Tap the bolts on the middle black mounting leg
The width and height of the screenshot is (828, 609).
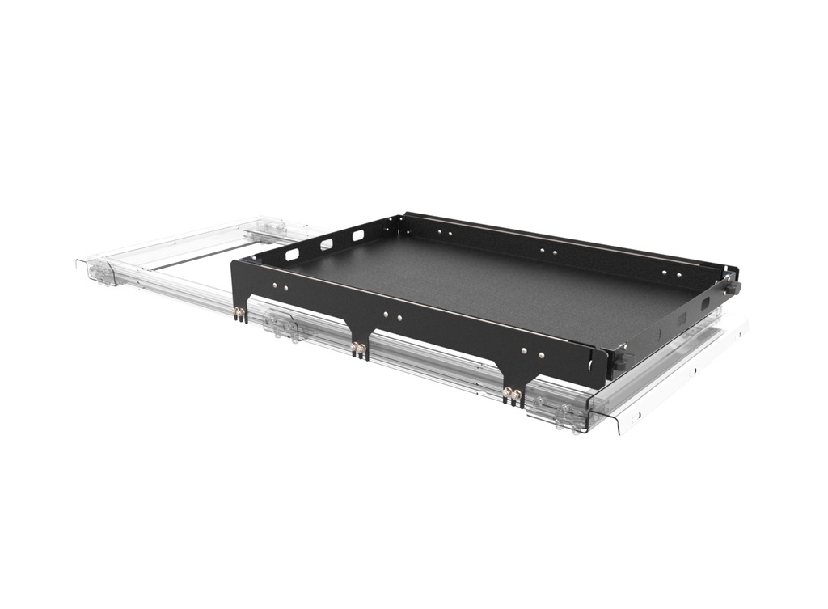tap(357, 349)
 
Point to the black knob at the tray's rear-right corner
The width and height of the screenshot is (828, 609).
tap(733, 287)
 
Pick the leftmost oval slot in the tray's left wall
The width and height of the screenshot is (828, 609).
tap(292, 255)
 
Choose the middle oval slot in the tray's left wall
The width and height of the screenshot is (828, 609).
tap(326, 243)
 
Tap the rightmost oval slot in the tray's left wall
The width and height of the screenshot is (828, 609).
tap(357, 235)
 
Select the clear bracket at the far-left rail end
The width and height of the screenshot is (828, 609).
tap(103, 272)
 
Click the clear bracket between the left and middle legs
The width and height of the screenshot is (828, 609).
tap(281, 325)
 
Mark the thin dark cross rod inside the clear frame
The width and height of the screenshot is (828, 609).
tap(194, 257)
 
